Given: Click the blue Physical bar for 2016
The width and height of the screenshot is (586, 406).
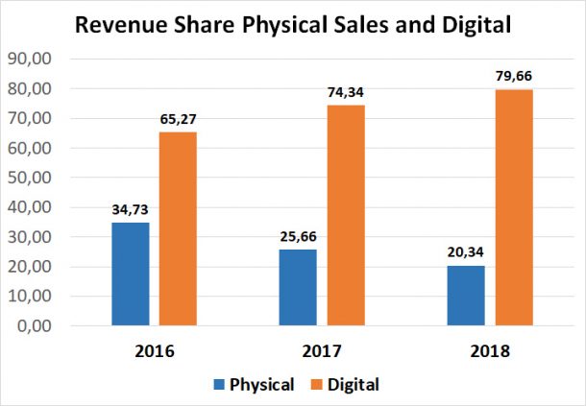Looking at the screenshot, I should coord(130,275).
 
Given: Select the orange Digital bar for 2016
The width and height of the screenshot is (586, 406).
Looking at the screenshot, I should coord(178,229).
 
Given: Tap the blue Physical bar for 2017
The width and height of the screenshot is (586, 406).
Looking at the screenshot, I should coord(298,288).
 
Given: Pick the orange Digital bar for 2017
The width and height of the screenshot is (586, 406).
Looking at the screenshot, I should coord(345,216).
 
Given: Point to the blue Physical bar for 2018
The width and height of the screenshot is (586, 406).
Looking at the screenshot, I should coord(465,296).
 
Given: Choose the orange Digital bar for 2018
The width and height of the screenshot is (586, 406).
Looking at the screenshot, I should coord(513,207).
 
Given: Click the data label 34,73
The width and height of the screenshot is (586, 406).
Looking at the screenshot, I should coord(130,209).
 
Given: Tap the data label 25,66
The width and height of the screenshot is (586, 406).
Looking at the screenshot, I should coord(298,236).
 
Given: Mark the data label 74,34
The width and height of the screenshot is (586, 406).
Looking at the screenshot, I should coord(345,92).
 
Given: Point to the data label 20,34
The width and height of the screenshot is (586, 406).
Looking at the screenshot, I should coord(465,251).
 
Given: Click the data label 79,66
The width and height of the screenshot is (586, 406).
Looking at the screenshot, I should coord(513,76).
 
